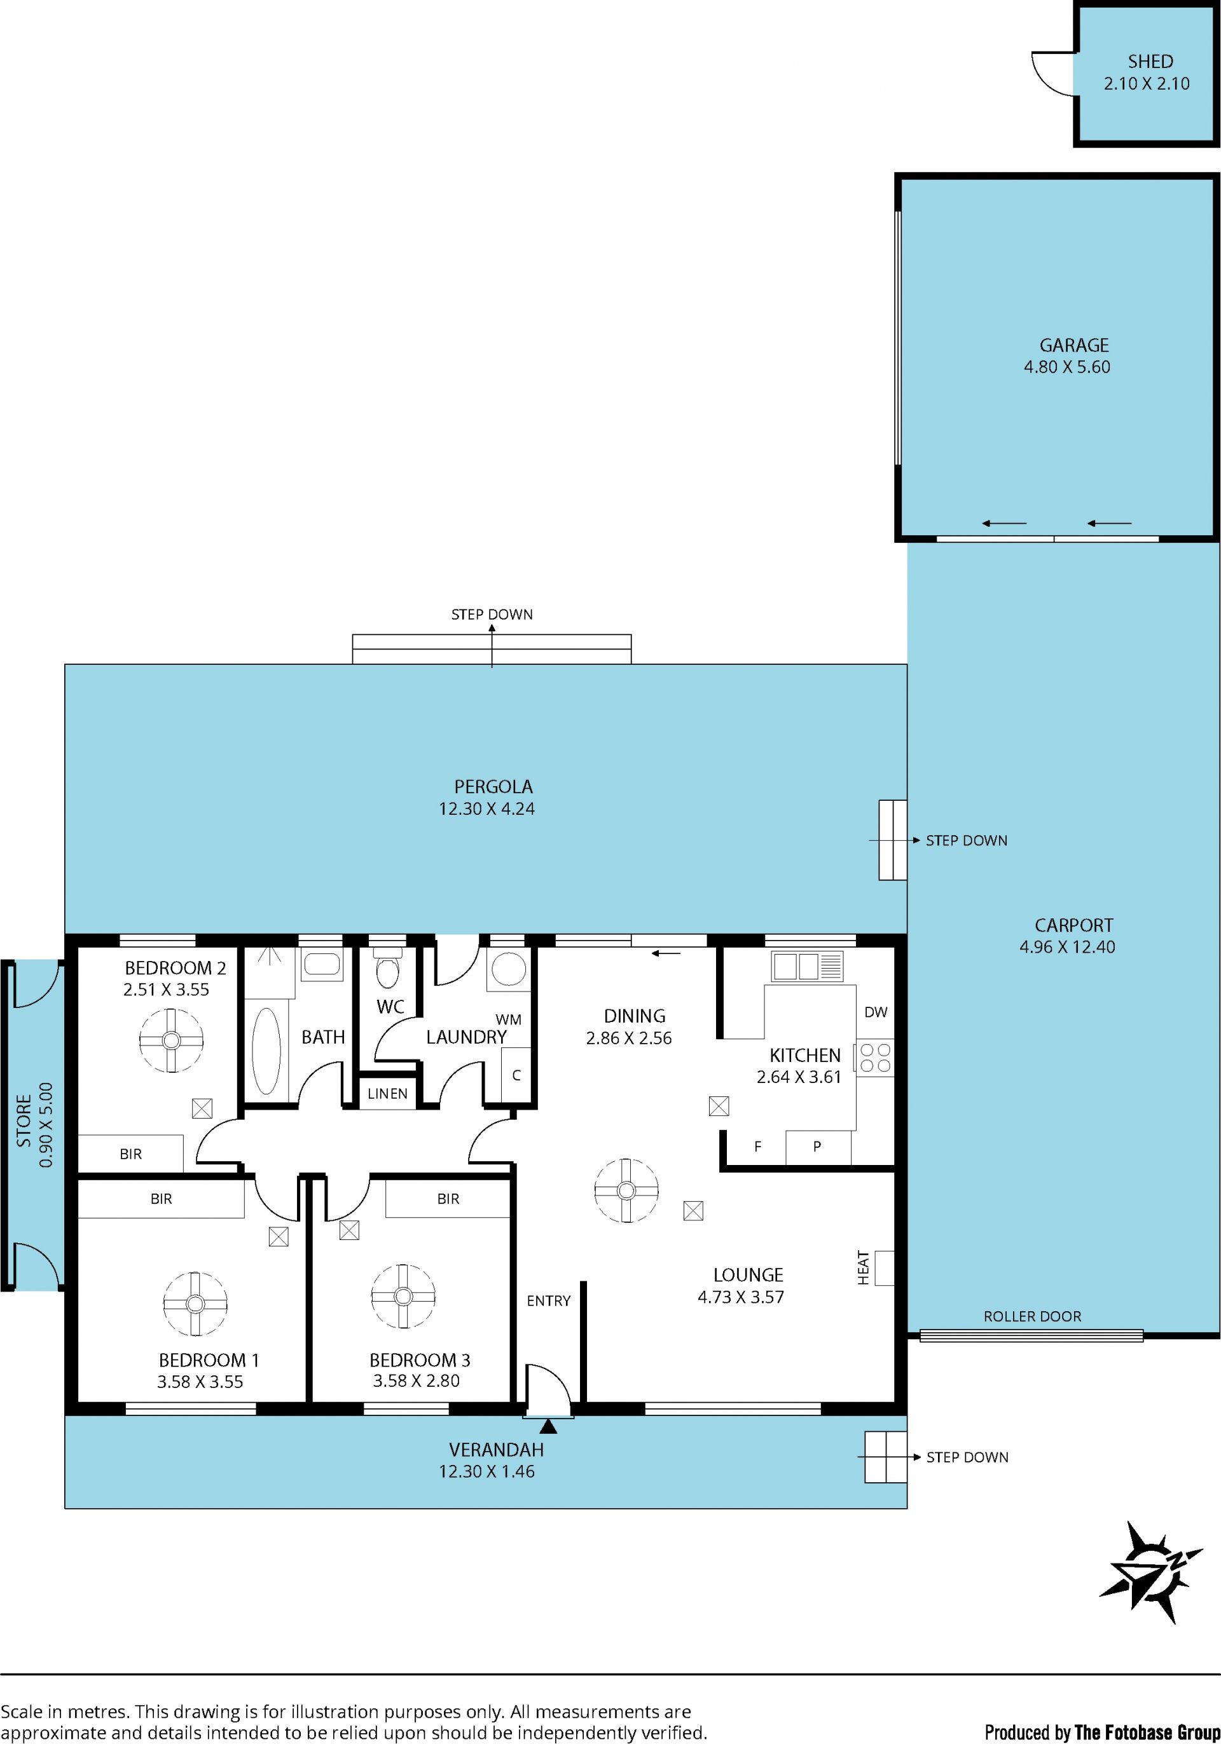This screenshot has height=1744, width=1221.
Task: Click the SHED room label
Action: [1150, 62]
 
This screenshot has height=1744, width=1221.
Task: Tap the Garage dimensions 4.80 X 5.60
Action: [1066, 367]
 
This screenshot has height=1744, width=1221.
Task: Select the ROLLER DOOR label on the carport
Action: [1032, 1316]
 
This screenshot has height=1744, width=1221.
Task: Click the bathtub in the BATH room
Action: [266, 1051]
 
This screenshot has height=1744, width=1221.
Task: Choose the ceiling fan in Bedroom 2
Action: [172, 1040]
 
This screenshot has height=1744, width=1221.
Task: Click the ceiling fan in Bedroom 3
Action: [403, 1297]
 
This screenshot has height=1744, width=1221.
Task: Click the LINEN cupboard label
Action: [387, 1094]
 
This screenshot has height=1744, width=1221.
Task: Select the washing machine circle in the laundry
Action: [508, 970]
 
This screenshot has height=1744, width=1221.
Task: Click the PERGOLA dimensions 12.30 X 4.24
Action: [486, 809]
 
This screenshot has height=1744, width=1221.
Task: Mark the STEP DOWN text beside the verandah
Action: [967, 1457]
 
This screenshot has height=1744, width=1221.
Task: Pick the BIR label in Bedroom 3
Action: [448, 1199]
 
